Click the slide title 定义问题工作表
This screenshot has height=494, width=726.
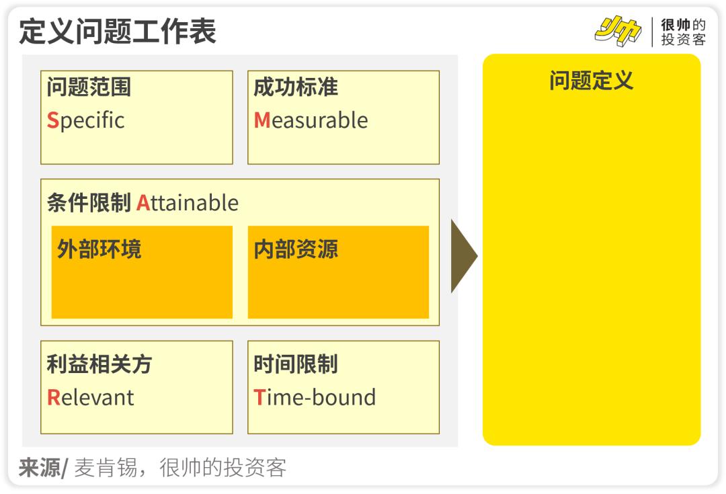pos(118,31)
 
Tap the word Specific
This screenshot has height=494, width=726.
pos(86,120)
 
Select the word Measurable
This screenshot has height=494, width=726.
pos(311,120)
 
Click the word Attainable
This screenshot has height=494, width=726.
pos(188,203)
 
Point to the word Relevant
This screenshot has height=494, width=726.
pos(91,397)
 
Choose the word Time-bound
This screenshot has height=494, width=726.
pos(314,397)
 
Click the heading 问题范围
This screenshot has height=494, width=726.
pos(89,87)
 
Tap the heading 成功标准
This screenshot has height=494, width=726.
pos(296,87)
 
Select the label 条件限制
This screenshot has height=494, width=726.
pos(89,203)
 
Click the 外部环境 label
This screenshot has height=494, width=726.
pos(99,249)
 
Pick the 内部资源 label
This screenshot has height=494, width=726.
pos(296,249)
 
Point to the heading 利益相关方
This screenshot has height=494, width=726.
pos(99,364)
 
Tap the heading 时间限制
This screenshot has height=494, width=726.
pos(296,364)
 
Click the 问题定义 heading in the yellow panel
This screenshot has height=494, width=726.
pos(592,81)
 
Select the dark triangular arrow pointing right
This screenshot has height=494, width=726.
pos(463,256)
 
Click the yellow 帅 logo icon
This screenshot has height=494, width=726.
pos(618,32)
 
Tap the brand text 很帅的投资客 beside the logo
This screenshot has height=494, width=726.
pos(683,32)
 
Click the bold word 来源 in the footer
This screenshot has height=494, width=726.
pos(39,468)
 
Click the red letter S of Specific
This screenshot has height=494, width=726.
pos(53,120)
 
